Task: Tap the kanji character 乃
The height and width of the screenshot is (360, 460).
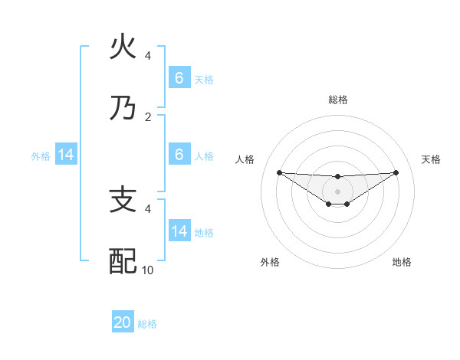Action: click(123, 109)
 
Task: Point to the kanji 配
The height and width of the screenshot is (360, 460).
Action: click(123, 262)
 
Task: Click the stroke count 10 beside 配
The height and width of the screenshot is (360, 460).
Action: click(148, 270)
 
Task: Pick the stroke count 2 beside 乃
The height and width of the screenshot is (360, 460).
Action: click(148, 116)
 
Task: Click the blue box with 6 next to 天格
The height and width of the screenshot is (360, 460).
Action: click(179, 78)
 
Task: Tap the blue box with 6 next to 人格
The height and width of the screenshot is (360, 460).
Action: click(179, 155)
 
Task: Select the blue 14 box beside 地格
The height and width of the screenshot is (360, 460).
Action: click(179, 231)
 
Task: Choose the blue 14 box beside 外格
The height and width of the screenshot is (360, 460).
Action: click(66, 155)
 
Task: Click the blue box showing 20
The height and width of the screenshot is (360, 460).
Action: click(123, 322)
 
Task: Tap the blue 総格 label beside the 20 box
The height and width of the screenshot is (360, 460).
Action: click(147, 324)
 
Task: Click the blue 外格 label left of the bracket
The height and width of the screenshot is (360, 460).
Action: click(41, 156)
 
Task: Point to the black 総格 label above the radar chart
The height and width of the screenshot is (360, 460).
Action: click(338, 100)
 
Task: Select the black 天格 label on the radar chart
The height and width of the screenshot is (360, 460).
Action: click(431, 159)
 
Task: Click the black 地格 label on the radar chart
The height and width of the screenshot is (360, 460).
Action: click(402, 262)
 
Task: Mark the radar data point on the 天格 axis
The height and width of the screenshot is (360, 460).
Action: click(396, 172)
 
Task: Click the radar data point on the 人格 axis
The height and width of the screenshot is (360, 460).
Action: click(279, 172)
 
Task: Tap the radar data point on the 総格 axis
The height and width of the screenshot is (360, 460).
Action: click(338, 177)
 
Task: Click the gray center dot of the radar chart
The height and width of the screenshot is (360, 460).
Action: click(338, 191)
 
